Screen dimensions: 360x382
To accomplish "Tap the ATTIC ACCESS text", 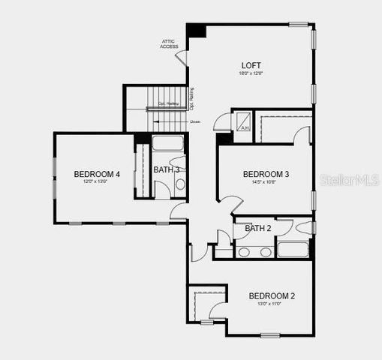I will click(x=169, y=44).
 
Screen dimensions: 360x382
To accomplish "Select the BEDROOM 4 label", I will click(x=92, y=174).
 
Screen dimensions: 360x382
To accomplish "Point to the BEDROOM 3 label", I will click(x=266, y=174).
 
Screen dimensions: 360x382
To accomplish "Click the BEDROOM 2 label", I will click(x=272, y=295).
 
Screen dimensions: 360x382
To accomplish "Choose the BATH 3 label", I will click(x=166, y=169).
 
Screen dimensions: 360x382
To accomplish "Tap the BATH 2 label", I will click(x=257, y=228).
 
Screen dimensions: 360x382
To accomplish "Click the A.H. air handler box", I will click(x=243, y=121).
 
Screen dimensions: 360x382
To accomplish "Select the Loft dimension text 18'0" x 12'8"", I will click(x=251, y=73).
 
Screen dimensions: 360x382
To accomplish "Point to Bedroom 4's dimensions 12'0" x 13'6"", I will click(x=92, y=182).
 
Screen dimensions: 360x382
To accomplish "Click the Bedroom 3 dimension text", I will click(x=266, y=182).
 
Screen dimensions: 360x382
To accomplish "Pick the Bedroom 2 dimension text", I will click(x=271, y=304).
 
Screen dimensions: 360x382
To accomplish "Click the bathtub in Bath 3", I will click(x=168, y=143).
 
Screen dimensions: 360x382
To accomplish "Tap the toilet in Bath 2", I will click(x=305, y=227).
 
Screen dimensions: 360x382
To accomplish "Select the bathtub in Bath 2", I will click(x=293, y=249).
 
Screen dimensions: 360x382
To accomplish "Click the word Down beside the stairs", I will click(x=195, y=121).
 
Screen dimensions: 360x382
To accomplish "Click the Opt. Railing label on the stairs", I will click(x=168, y=103).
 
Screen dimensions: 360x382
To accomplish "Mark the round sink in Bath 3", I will click(x=180, y=184).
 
